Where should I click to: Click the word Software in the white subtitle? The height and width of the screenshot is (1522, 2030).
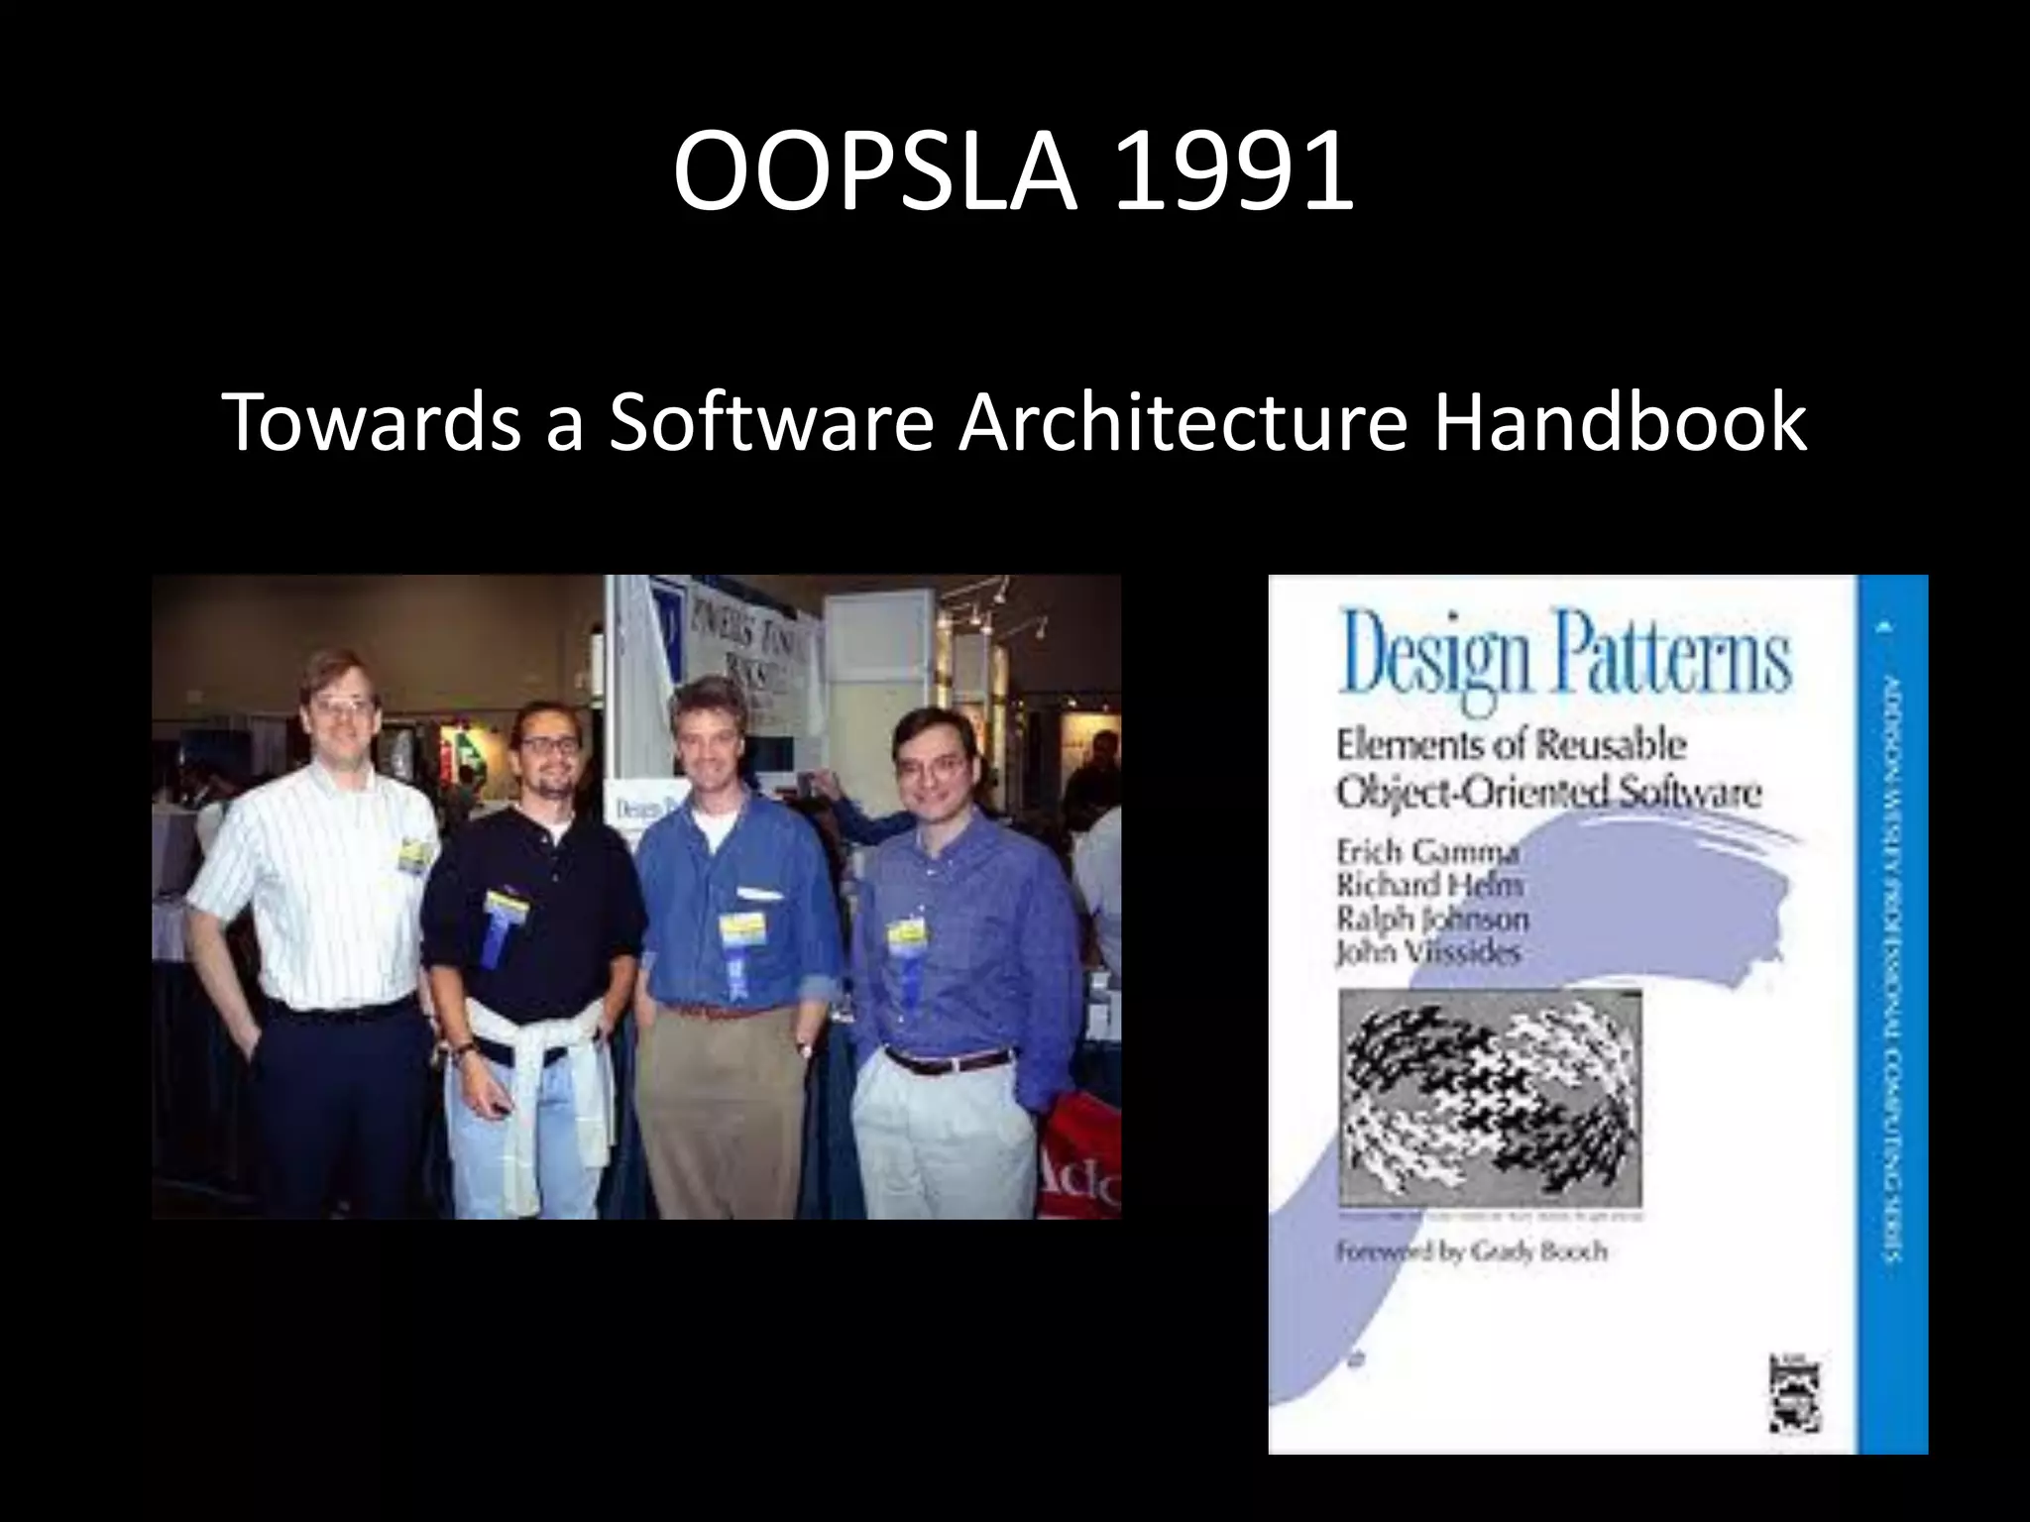[770, 422]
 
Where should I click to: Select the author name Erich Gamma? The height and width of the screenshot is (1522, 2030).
[1426, 851]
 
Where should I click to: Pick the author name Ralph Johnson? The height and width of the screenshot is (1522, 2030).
[1431, 919]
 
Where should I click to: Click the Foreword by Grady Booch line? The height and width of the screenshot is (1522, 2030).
[1471, 1251]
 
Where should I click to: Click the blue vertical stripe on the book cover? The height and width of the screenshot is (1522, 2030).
[1893, 1011]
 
